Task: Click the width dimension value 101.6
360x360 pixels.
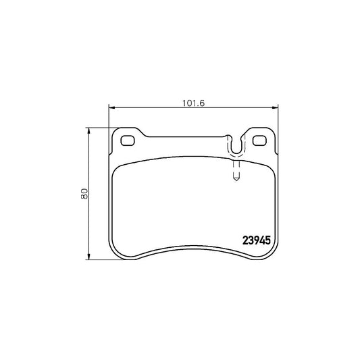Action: [194, 103]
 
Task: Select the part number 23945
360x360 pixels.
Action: [257, 239]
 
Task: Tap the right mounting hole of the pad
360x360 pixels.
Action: [260, 141]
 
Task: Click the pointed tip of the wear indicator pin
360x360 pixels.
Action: [235, 180]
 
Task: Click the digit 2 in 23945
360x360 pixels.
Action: [245, 239]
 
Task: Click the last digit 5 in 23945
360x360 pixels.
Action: [269, 239]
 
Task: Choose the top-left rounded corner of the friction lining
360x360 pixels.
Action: [116, 170]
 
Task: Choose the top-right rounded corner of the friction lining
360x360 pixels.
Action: [272, 170]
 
